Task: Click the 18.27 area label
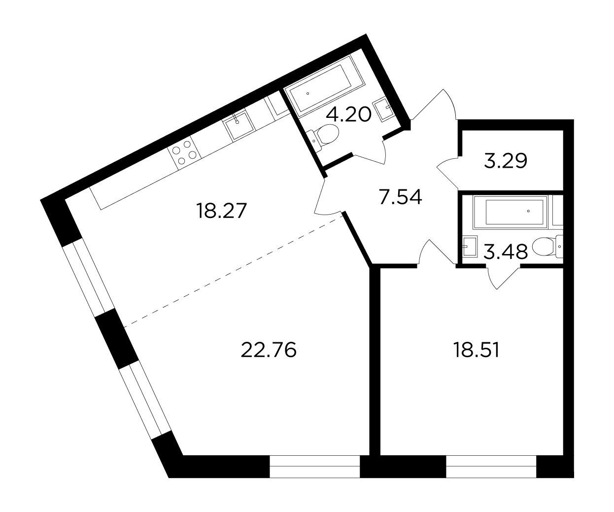(x=222, y=211)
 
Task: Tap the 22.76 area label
(x=269, y=350)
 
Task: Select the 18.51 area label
(x=477, y=350)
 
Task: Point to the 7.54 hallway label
(x=401, y=197)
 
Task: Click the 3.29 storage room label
(x=506, y=161)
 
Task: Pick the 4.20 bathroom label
(x=348, y=114)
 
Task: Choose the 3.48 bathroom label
(x=506, y=252)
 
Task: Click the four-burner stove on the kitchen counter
(x=184, y=153)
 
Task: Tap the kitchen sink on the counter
(x=239, y=124)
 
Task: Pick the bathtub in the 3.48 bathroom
(x=510, y=212)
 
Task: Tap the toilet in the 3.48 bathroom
(x=547, y=247)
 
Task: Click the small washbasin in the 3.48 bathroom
(x=470, y=246)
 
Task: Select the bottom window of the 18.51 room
(x=491, y=467)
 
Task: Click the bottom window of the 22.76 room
(x=315, y=467)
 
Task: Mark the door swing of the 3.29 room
(x=447, y=172)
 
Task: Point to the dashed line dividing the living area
(x=233, y=271)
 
